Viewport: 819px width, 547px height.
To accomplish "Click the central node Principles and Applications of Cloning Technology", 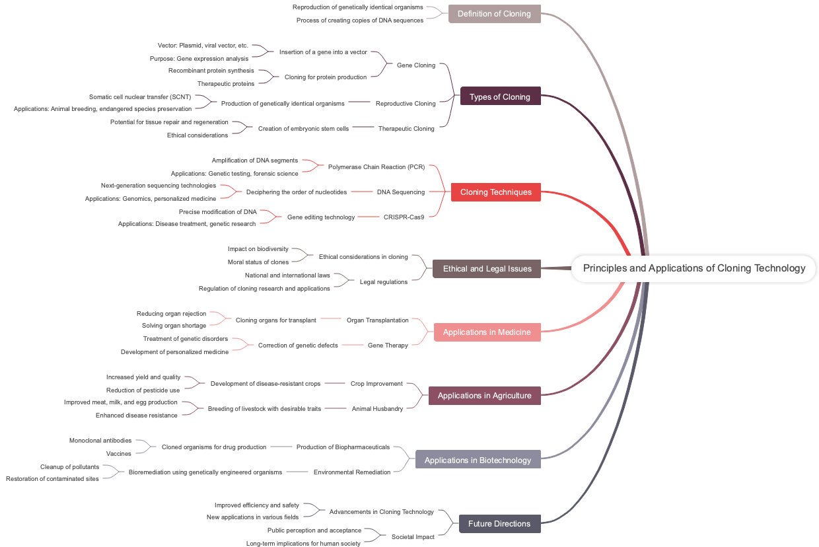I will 694,268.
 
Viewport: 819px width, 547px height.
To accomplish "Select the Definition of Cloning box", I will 494,14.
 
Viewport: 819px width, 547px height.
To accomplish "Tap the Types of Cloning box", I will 500,96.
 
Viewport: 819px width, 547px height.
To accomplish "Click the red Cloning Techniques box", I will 495,192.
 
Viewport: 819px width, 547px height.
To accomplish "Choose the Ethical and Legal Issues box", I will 487,269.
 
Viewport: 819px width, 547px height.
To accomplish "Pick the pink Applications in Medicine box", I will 487,332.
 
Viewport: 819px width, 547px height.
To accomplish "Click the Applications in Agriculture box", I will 484,396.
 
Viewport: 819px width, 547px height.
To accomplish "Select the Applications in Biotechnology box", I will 478,460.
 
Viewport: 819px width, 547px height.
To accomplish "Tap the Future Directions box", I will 499,524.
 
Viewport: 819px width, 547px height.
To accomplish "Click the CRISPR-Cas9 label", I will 404,217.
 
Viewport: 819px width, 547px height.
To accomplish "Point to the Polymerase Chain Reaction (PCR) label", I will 376,166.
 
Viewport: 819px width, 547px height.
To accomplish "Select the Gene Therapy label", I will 388,345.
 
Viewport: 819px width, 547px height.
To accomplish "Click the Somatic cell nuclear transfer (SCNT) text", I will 140,96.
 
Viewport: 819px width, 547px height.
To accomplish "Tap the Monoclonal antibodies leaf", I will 100,440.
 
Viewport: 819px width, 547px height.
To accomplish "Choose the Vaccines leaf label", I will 119,453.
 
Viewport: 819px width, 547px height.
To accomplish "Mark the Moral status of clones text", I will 258,262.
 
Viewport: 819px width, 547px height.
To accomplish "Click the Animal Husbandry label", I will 377,408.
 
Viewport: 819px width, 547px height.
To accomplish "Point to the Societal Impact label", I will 413,536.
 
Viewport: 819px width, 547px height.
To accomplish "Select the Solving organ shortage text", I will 174,325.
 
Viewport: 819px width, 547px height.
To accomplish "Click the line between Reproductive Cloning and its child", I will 359,102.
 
